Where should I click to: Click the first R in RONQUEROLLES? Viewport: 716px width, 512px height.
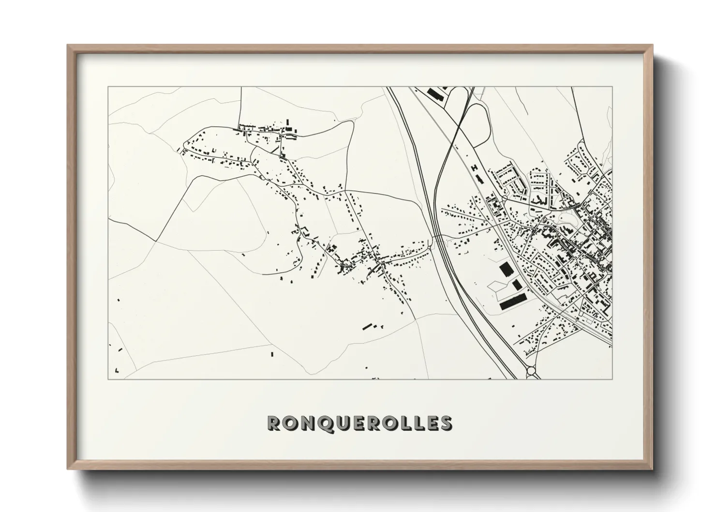[x=274, y=423]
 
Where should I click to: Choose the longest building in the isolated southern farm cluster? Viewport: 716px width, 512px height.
[x=369, y=326]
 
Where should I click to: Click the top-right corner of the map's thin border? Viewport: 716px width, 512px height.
[x=612, y=87]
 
